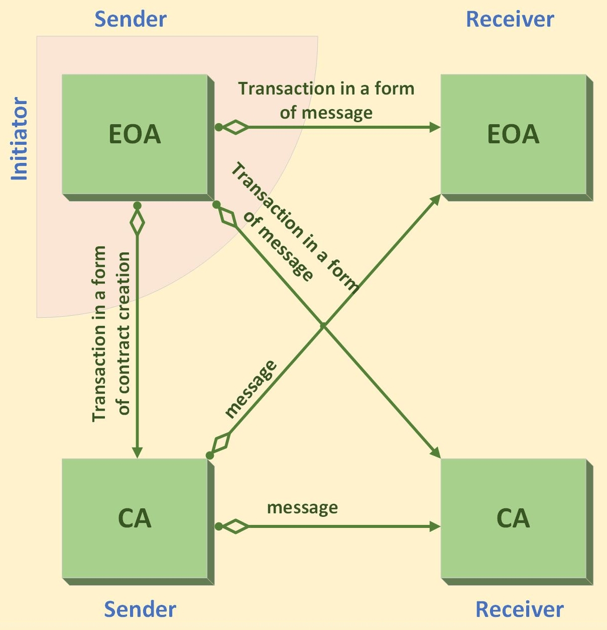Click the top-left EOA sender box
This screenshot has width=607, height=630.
(135, 134)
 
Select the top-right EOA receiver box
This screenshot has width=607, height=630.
(514, 134)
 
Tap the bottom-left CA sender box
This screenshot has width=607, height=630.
(135, 518)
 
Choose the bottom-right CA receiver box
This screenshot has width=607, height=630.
(514, 518)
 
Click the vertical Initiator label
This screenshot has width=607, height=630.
(20, 139)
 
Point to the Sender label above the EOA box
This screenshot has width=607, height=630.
(131, 20)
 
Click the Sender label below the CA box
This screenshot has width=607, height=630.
(140, 609)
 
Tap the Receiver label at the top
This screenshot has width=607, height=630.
(510, 20)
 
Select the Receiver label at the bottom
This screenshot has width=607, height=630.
(519, 609)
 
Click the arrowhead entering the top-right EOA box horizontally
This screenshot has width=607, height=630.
(435, 127)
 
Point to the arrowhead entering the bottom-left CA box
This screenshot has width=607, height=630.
(137, 453)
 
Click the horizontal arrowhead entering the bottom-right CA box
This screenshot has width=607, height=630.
(435, 526)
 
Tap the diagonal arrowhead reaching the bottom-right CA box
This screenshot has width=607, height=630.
(435, 453)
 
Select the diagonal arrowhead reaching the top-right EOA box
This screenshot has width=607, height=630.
(436, 200)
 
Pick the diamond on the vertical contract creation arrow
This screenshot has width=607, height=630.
(137, 222)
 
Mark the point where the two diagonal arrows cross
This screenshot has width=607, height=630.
(323, 326)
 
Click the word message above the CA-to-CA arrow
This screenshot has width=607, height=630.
(302, 508)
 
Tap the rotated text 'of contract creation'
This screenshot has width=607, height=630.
(124, 333)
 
